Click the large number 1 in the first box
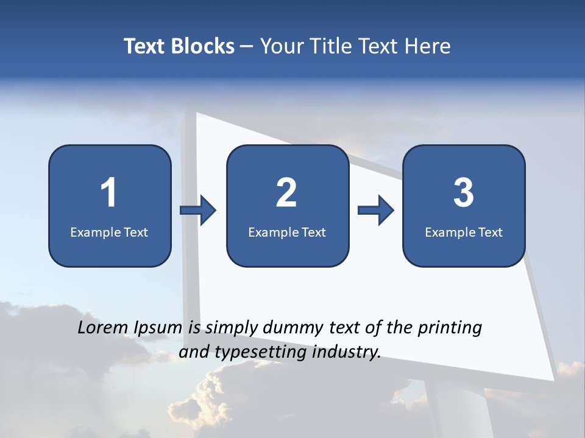[x=108, y=193]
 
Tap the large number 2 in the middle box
[x=286, y=193]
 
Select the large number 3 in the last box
[x=464, y=193]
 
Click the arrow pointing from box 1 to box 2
[x=199, y=210]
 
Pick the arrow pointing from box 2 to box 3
[x=376, y=210]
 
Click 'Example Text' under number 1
[x=109, y=232]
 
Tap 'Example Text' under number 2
[x=287, y=232]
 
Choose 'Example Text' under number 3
[x=464, y=232]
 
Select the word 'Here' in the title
[x=428, y=46]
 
